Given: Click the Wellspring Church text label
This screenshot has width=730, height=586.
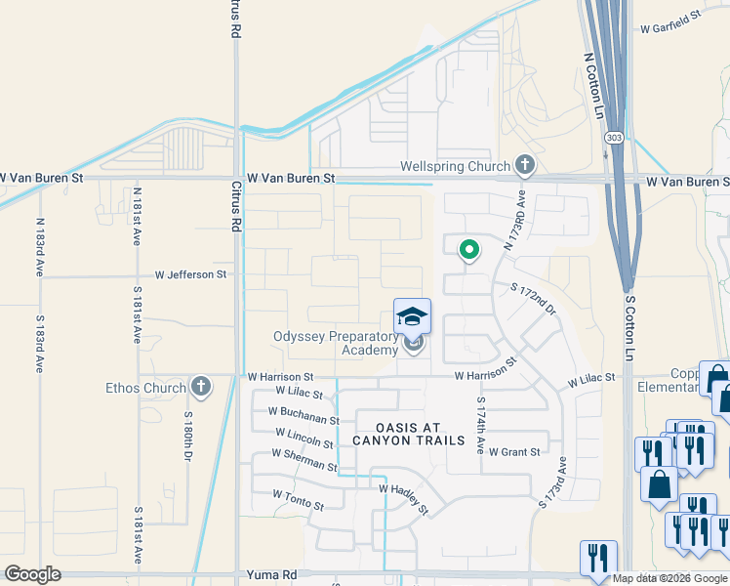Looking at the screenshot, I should (x=455, y=166).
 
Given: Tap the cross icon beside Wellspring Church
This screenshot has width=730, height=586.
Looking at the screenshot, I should (x=525, y=165).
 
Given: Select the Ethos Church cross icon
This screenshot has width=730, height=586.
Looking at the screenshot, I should (x=201, y=387).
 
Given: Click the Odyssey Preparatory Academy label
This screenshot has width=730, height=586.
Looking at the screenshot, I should (x=335, y=344).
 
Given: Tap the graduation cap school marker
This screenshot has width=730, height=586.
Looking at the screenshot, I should (x=412, y=316).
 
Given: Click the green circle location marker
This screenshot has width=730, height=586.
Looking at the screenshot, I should (x=469, y=250).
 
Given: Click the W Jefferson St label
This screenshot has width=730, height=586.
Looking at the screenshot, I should (x=190, y=274).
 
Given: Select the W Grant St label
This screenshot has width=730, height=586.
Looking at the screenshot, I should (x=514, y=452).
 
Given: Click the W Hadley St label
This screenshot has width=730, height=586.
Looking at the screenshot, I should (x=403, y=497).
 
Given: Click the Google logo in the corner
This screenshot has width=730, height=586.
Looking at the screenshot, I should (x=32, y=574).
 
